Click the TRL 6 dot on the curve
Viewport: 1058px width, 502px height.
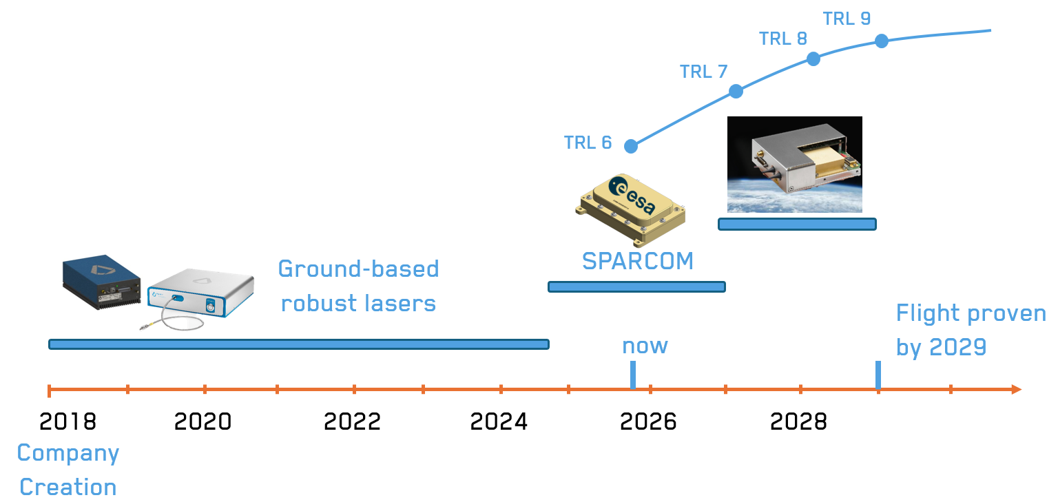631,147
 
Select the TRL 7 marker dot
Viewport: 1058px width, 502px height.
736,91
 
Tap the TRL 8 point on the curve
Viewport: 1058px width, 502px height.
813,59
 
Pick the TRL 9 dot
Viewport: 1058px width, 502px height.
882,41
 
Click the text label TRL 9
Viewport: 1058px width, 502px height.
847,19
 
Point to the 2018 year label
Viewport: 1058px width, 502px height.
68,421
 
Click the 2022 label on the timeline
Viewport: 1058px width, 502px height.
353,421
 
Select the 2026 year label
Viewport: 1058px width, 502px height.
648,421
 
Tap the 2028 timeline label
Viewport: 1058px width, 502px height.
799,421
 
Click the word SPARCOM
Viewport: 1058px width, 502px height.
638,261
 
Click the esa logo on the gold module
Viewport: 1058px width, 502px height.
632,194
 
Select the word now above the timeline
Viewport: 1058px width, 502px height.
645,346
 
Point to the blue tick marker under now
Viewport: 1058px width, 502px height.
633,375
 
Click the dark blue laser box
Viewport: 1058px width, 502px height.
101,282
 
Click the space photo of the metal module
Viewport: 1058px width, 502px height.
795,165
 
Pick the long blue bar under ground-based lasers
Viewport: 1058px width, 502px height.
299,344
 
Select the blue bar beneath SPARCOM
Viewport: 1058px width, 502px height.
636,286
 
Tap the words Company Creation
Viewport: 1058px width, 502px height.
68,470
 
